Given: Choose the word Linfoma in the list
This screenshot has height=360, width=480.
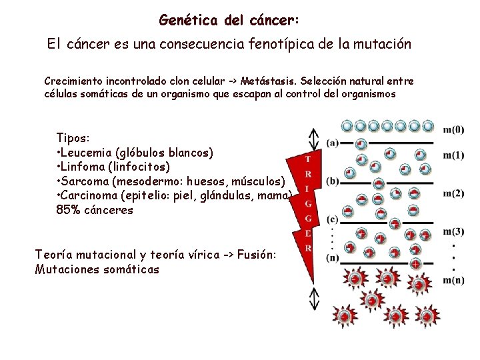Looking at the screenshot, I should pos(85,167).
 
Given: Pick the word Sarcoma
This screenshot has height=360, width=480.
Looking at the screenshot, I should pos(88,181).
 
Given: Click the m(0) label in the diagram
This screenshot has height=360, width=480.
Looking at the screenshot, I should pos(453,129).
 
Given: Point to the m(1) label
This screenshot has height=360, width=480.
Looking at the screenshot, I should pos(453,155).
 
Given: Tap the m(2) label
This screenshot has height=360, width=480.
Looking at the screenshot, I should pos(453,193).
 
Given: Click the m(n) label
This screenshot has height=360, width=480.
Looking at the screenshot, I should pos(453,280).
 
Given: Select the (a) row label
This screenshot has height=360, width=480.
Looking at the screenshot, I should pos(332,143).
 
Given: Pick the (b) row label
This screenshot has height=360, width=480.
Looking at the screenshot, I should pos(332,181).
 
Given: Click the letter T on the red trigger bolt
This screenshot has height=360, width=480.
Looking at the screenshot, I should pos(307,159).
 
